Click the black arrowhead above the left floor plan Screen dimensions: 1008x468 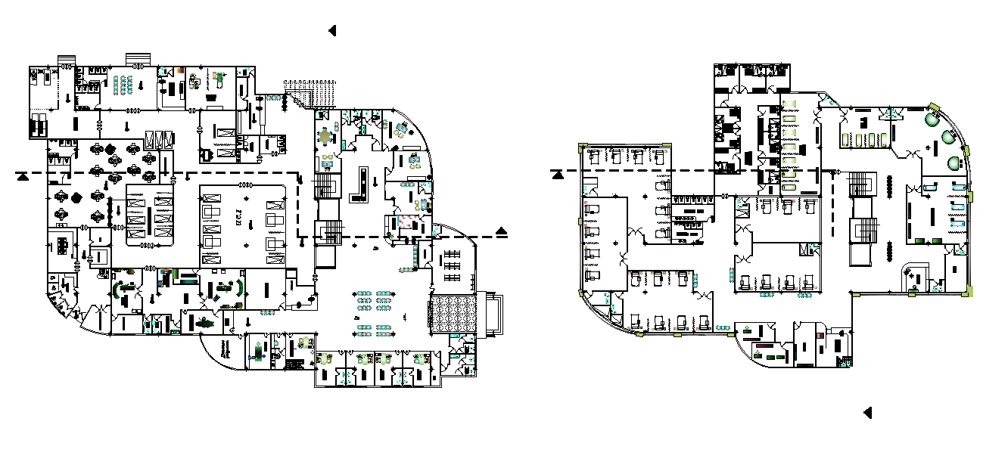point(331,30)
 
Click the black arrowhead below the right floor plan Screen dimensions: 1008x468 point(867,413)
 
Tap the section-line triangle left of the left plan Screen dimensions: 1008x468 point(23,176)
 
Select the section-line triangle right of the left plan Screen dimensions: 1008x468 point(502,231)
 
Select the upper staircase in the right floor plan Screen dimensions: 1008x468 point(862,184)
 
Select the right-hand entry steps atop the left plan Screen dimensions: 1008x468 point(138,58)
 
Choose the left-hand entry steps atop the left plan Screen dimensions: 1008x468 point(66,58)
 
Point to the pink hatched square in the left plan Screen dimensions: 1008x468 point(406,222)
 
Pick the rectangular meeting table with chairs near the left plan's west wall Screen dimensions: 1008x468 point(61,245)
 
